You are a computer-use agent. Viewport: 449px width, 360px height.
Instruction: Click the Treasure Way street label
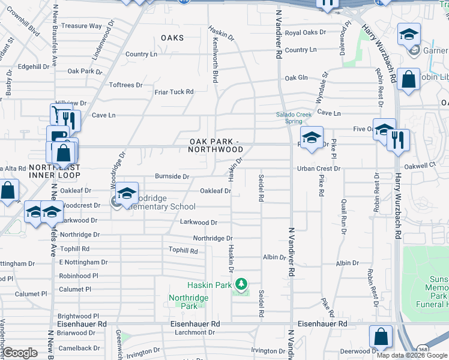[82, 26]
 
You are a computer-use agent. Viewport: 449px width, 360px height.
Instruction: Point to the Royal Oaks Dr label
[305, 32]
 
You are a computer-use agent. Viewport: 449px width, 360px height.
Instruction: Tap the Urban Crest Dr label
[318, 169]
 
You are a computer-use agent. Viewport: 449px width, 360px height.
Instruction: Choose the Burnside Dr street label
[172, 177]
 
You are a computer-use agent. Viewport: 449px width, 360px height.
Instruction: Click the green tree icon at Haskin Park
[241, 283]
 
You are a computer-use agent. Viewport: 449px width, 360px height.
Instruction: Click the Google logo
[20, 353]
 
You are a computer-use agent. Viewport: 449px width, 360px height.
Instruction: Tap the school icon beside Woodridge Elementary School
[127, 194]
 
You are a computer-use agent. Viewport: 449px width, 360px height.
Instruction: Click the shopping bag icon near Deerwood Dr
[381, 337]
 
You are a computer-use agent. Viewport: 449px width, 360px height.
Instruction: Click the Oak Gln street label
[296, 78]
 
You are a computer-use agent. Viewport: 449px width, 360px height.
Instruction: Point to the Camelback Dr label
[79, 348]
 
